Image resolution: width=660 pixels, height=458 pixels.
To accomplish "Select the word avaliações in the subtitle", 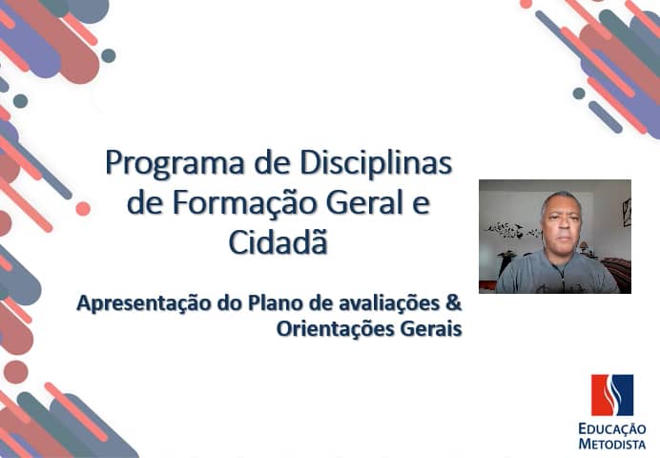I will pyautogui.click(x=387, y=304).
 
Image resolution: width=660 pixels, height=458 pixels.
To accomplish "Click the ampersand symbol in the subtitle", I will pyautogui.click(x=454, y=304).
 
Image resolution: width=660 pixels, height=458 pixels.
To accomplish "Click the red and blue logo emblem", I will pyautogui.click(x=611, y=395).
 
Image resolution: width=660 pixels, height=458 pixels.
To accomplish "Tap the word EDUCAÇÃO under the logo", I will pyautogui.click(x=611, y=428).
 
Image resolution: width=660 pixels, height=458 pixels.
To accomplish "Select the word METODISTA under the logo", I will pyautogui.click(x=611, y=444).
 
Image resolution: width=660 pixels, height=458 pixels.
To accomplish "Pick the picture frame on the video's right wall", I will pyautogui.click(x=626, y=212).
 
